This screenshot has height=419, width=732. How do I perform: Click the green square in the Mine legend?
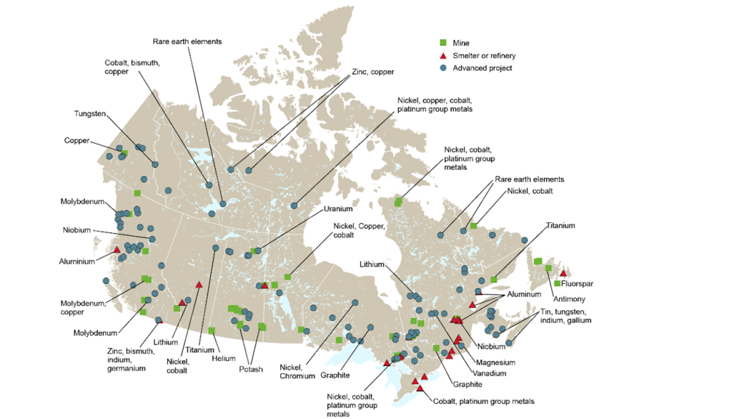442,43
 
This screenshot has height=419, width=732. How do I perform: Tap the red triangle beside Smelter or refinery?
442,56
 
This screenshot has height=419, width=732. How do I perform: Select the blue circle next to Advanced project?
442,68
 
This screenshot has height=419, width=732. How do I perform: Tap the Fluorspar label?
577,284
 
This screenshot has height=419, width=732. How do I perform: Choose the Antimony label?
568,298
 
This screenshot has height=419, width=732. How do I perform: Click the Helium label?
224,358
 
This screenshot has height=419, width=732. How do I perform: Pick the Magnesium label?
496,363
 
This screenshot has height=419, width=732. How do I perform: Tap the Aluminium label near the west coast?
77,262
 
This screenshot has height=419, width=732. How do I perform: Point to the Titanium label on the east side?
560,225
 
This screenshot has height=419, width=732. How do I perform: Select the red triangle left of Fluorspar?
563,273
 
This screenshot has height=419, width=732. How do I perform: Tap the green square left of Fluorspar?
557,284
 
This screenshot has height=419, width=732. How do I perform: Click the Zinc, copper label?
372,72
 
